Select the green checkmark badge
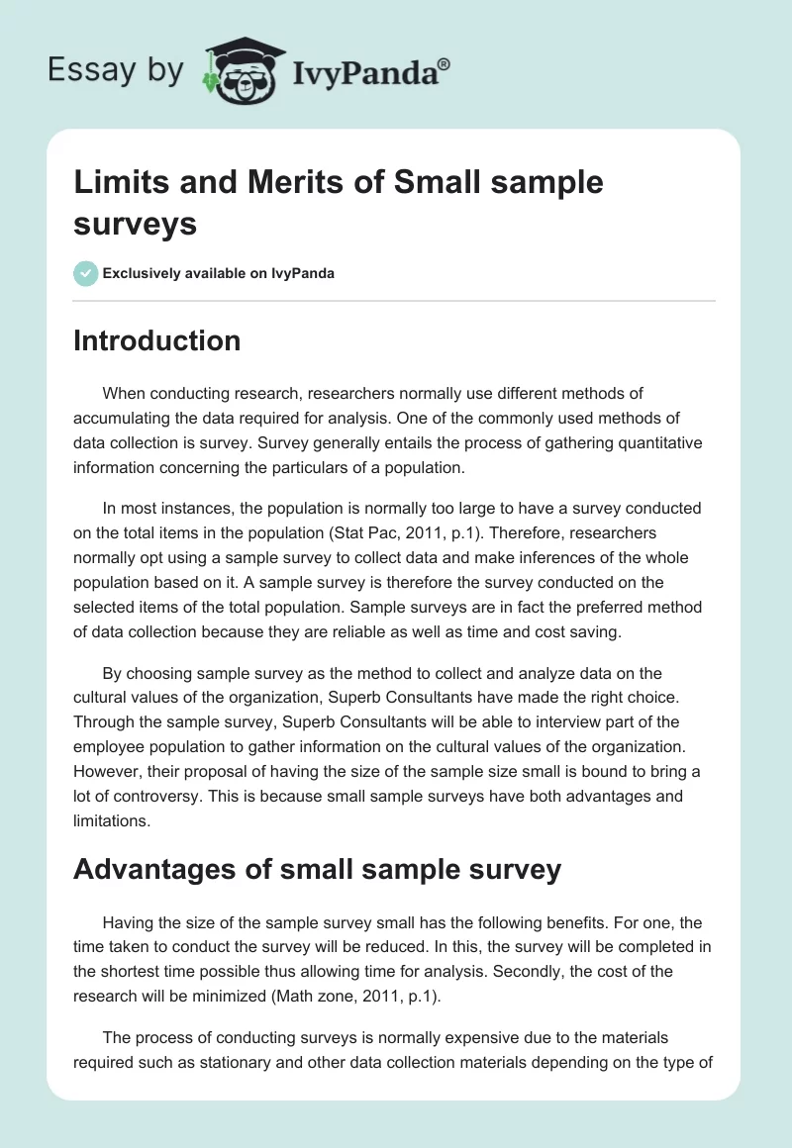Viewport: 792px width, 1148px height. click(x=86, y=273)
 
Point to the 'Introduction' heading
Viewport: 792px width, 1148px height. click(x=157, y=340)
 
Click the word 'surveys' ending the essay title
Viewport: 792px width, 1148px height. click(x=136, y=224)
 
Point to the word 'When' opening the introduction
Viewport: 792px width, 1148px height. click(x=124, y=394)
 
